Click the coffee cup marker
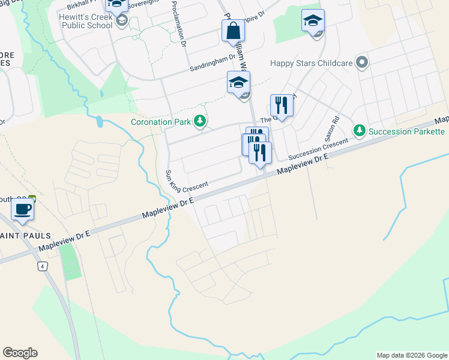point(23,210)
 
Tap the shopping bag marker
point(232,32)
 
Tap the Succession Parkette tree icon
point(360,131)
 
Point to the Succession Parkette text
point(406,131)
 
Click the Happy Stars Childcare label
point(310,62)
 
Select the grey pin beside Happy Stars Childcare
point(361,62)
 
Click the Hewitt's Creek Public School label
point(86,22)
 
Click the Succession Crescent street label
point(318,149)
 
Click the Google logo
point(20,353)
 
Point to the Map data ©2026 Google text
point(411,355)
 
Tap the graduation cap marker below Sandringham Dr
point(238,83)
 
